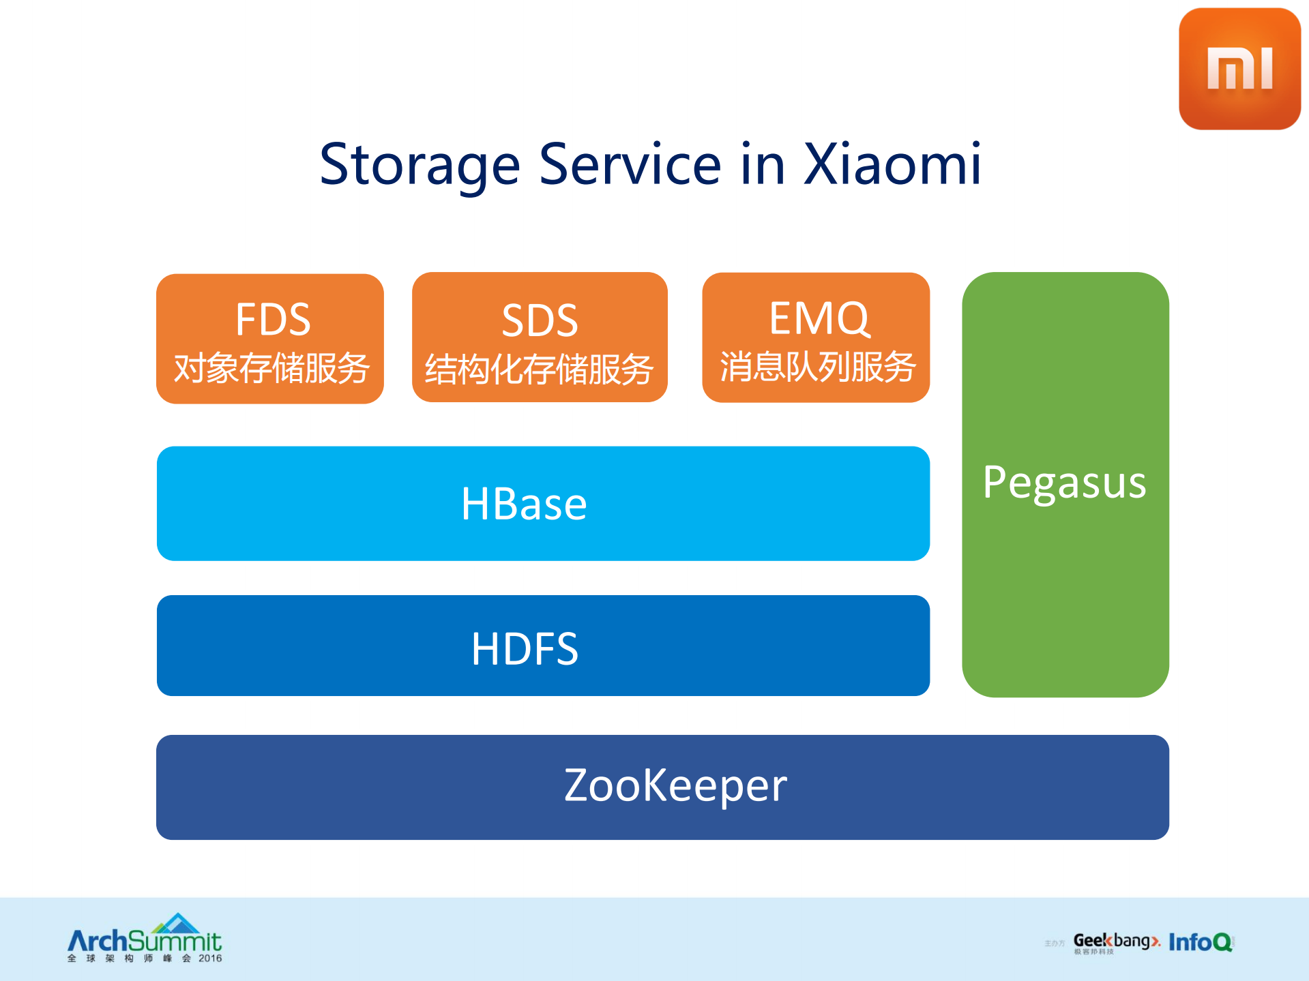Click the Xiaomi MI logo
point(1239,69)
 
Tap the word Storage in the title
point(420,166)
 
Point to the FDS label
point(273,319)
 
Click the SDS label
point(540,320)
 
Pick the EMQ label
point(819,318)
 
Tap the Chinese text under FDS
point(271,369)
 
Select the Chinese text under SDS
point(539,370)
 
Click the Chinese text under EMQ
point(817,367)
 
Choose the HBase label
point(524,504)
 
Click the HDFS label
point(525,648)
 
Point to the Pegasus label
point(1064,483)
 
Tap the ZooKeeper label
point(675,785)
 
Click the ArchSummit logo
point(145,941)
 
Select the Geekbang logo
point(1116,942)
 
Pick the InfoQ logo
point(1200,942)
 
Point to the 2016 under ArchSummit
point(210,959)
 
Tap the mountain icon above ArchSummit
point(177,924)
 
